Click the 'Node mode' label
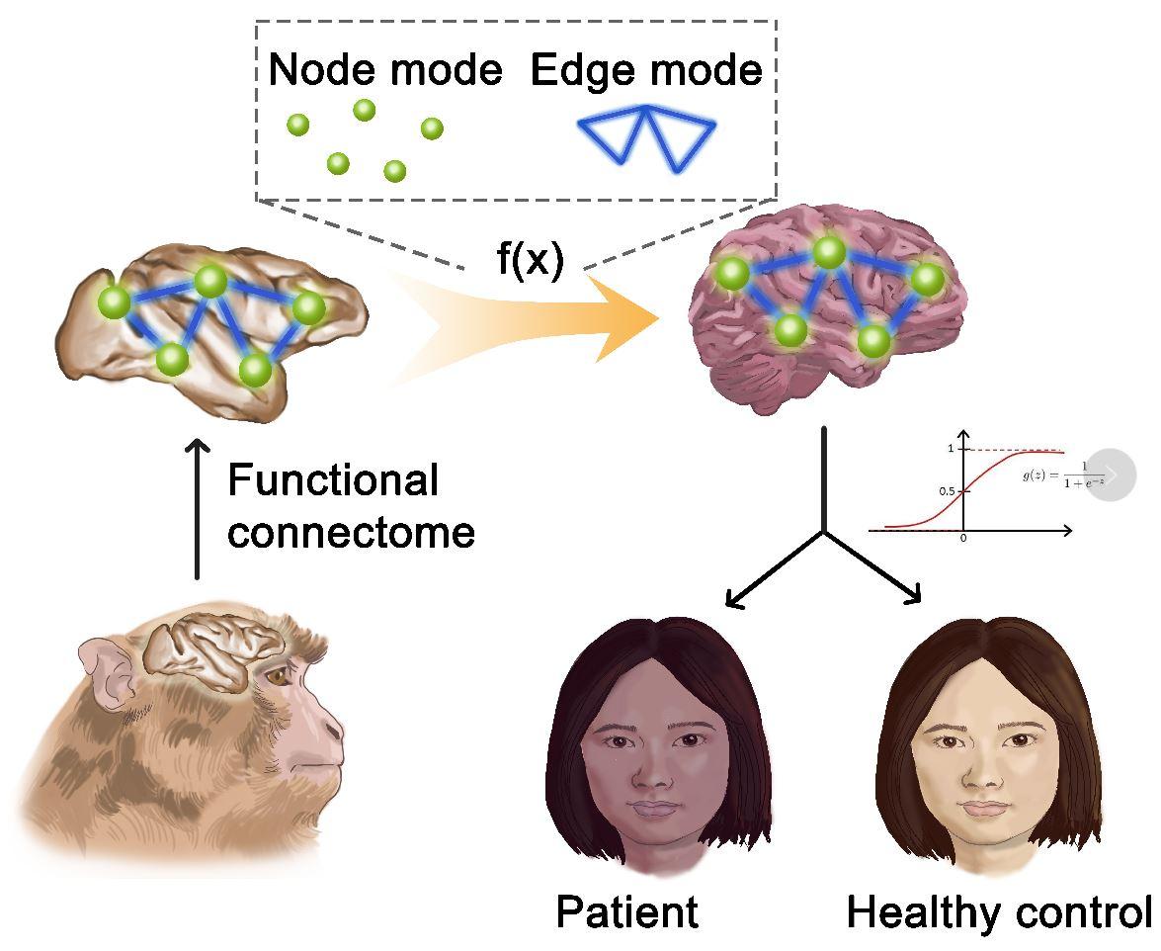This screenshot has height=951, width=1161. [x=385, y=71]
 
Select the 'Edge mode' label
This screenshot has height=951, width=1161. [x=647, y=71]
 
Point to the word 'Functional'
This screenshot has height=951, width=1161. [x=333, y=481]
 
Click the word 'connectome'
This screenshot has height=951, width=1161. [x=352, y=533]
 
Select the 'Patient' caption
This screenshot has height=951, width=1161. [x=626, y=912]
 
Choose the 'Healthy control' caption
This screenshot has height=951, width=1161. [x=998, y=912]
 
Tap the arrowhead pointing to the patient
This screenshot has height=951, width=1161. [x=732, y=599]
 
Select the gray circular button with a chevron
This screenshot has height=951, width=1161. [x=1111, y=475]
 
